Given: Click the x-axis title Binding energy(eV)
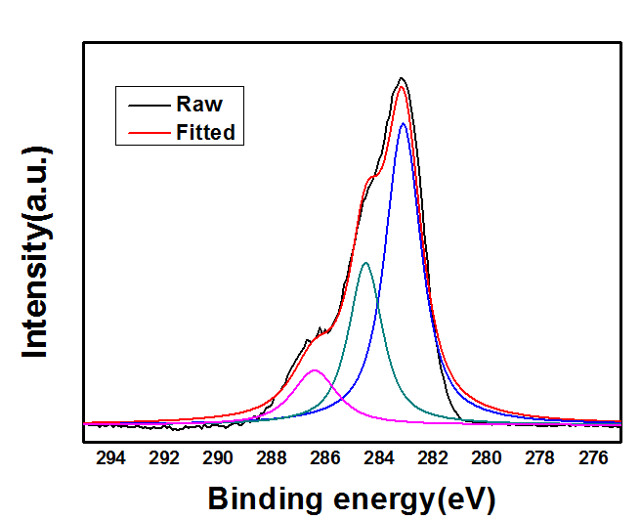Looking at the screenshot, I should pos(352,498).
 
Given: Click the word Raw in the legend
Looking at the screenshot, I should pos(199,105).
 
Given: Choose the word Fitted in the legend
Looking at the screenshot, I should pos(206,132).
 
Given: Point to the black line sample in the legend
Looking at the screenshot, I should pos(142,105).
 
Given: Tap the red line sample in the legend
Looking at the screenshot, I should pos(142,132).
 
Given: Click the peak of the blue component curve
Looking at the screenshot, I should pos(403,123).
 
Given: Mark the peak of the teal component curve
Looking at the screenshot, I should pos(365,262).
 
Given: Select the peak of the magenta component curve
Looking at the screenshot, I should pos(314,369).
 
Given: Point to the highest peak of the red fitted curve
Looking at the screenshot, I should pos(402,87).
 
